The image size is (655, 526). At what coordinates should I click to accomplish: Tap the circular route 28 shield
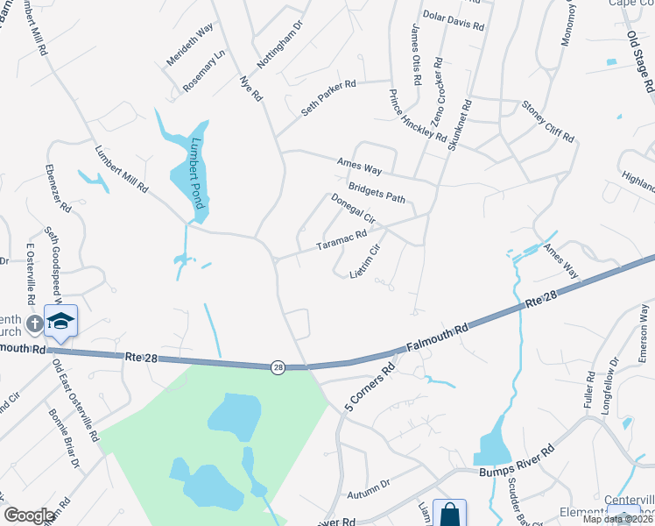tap(278, 366)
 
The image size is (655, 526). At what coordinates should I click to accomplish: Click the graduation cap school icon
tap(61, 320)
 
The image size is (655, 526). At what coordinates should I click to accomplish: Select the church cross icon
tap(34, 324)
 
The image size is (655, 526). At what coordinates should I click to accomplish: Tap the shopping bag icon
tap(449, 514)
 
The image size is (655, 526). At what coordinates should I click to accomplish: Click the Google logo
tap(29, 515)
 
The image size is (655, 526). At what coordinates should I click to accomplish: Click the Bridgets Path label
tap(377, 191)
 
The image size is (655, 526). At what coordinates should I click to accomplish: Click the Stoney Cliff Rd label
tap(547, 122)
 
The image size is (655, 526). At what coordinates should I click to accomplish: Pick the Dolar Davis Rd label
tap(454, 21)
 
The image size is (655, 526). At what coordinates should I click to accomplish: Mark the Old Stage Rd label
tap(641, 61)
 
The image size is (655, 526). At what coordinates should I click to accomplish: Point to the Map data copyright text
tap(618, 519)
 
